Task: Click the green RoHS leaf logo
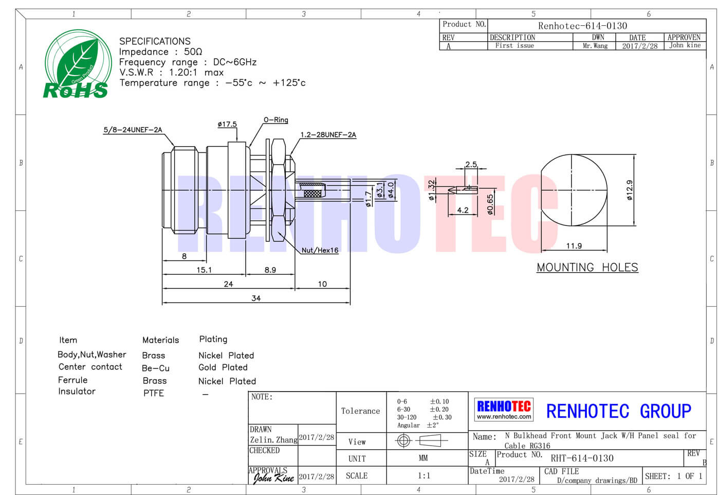coord(78,64)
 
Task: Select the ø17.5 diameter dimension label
coord(227,124)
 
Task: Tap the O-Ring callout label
coord(275,120)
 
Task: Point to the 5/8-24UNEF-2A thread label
coord(133,130)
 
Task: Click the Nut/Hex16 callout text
coord(320,250)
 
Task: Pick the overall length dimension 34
coord(256,298)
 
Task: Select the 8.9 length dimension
coord(270,270)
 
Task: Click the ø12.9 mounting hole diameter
coord(630,190)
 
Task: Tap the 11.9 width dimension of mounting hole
coord(574,246)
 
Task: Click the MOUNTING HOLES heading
coord(587,267)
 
